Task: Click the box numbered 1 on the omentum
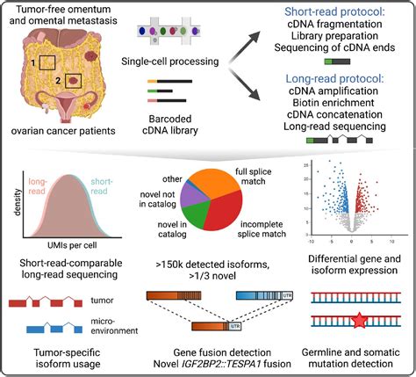40,63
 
